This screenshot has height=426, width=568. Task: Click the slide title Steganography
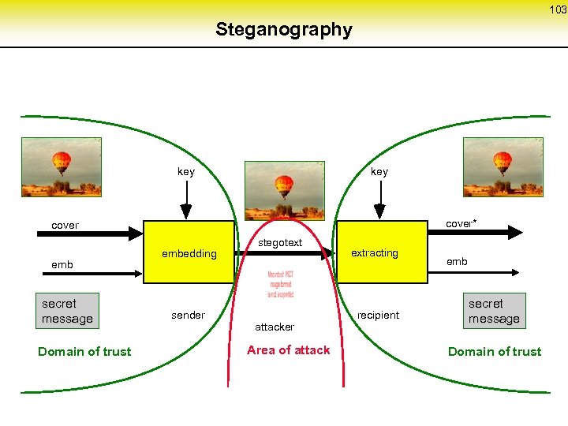[x=283, y=30]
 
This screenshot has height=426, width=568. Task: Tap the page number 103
[x=558, y=9]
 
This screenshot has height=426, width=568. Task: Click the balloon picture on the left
[x=62, y=167]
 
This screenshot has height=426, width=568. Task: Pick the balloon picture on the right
[x=503, y=167]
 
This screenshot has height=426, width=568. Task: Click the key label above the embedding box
[x=186, y=171]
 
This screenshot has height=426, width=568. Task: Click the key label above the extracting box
[x=379, y=171]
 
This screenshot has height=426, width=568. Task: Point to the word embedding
[x=189, y=253]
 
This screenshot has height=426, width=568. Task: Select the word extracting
[x=374, y=252]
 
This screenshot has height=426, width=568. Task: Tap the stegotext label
[x=281, y=242]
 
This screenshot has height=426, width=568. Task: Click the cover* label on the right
[x=460, y=223]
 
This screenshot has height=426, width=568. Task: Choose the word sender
[x=188, y=315]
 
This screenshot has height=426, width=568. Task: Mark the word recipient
[x=378, y=315]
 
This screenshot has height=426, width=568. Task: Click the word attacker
[x=275, y=326]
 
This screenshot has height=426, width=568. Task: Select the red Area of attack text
[x=288, y=349]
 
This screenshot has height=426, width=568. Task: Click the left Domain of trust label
[x=84, y=351]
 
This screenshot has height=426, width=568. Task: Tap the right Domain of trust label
[x=495, y=351]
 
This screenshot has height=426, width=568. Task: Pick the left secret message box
[x=67, y=311]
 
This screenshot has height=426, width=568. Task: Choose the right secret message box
[x=494, y=311]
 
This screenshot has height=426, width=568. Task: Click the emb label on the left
[x=62, y=264]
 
